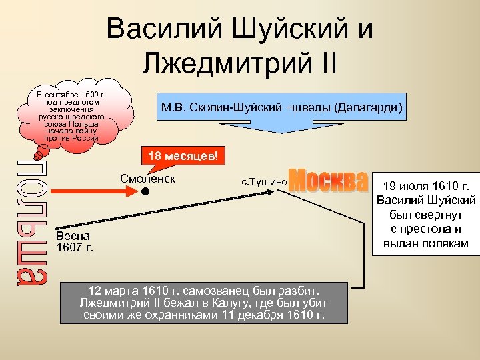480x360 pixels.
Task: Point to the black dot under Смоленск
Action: [144, 191]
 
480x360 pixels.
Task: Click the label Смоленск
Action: [147, 179]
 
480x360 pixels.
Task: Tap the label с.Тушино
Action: [263, 181]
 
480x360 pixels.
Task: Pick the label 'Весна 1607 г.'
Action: [74, 242]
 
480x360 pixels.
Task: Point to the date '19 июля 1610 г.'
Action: [426, 185]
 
